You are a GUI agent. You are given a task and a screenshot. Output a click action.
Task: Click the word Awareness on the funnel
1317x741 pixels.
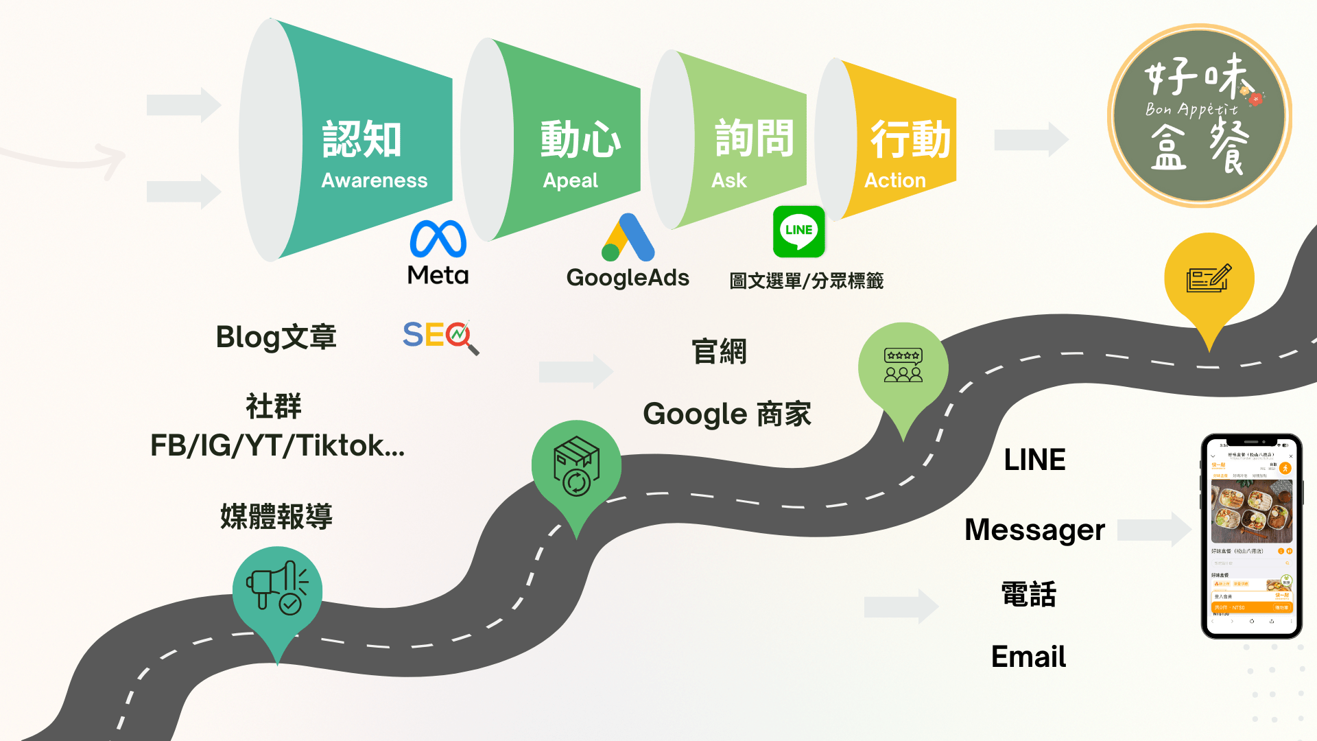(x=374, y=180)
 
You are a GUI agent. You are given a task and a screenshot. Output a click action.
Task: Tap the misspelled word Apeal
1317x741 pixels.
(x=570, y=180)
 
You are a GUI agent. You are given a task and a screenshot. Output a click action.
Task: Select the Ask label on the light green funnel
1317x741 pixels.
(x=728, y=180)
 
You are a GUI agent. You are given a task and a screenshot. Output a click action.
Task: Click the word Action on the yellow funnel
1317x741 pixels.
(x=894, y=180)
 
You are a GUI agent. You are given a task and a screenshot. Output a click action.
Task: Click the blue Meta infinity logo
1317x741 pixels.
(x=438, y=239)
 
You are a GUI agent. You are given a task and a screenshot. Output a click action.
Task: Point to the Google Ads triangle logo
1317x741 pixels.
(x=628, y=238)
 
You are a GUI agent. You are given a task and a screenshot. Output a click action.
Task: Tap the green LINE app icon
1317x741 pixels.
(x=798, y=231)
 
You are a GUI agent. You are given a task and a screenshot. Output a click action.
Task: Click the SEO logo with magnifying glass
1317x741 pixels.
(x=440, y=337)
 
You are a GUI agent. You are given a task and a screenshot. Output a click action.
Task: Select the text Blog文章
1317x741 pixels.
(x=276, y=337)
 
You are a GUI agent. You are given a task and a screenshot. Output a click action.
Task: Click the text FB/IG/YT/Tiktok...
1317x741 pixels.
(x=277, y=446)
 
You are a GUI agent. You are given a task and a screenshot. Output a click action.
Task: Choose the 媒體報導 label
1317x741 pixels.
(x=276, y=517)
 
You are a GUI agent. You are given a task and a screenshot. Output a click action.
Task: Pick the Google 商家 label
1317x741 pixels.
(x=726, y=414)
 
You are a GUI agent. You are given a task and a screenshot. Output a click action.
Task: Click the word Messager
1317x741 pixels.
(x=1034, y=530)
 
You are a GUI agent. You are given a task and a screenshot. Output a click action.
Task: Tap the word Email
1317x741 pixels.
(x=1028, y=657)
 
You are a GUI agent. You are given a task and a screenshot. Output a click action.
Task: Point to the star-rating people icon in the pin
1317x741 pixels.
(x=903, y=365)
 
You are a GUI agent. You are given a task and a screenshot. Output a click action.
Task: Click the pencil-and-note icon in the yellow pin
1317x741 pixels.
(x=1209, y=278)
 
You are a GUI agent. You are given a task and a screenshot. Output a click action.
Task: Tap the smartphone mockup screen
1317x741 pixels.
(x=1251, y=536)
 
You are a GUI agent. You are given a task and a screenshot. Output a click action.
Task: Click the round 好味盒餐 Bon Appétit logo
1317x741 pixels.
(x=1199, y=116)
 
